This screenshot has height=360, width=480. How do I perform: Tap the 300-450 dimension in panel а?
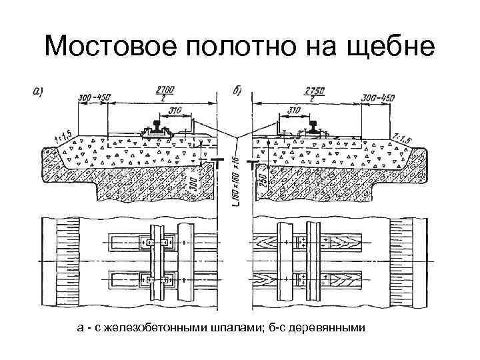(x=93, y=99)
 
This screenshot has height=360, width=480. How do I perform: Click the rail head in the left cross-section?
(x=159, y=124)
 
